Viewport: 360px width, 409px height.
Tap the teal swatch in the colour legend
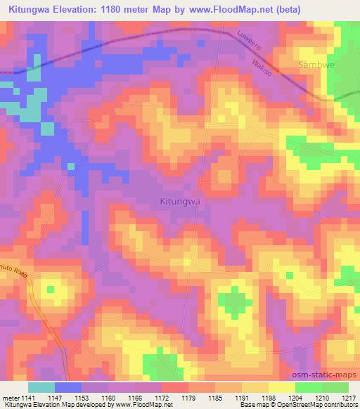[x=41, y=387]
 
